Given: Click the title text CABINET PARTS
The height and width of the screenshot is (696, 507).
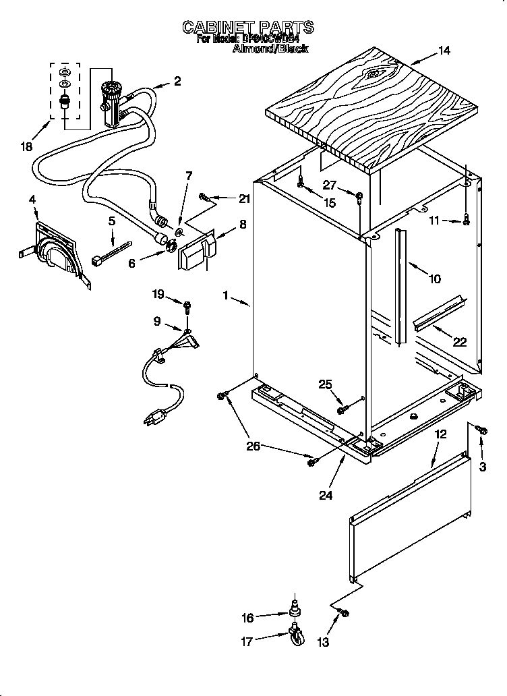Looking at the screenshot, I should [248, 27].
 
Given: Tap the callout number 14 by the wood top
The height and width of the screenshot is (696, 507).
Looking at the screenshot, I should [443, 51].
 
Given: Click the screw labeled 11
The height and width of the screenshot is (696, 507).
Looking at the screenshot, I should [466, 219].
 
